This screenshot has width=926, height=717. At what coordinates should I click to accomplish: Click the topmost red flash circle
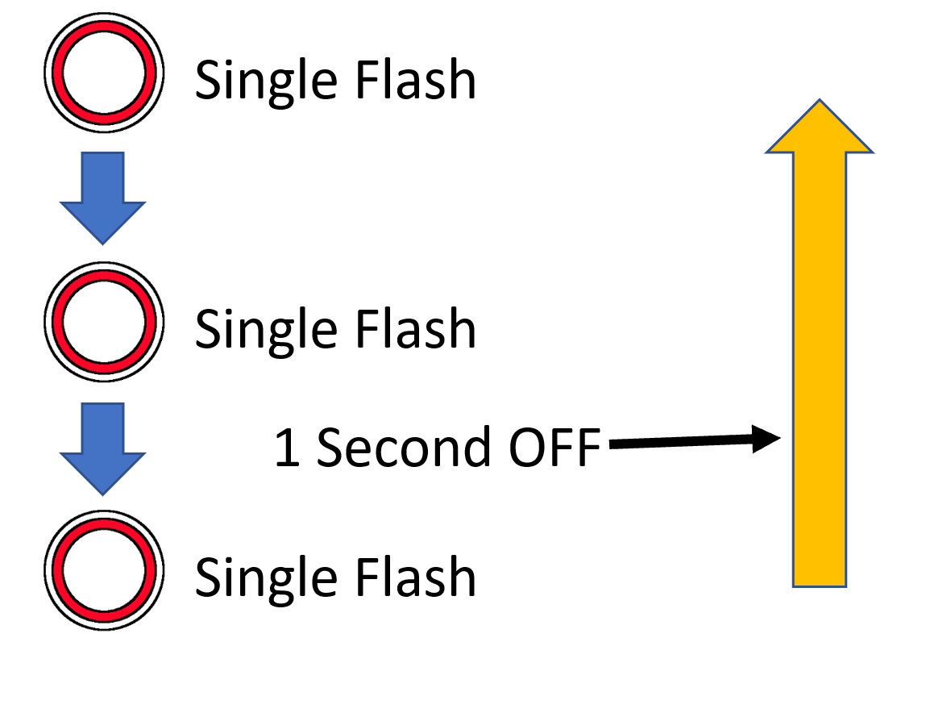[103, 71]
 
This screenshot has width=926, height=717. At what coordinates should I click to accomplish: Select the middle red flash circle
[103, 321]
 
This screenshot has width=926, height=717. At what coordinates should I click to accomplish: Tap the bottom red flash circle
[103, 569]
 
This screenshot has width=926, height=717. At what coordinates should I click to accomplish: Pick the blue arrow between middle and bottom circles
[102, 448]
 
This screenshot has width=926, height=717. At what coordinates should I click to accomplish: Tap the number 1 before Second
[287, 448]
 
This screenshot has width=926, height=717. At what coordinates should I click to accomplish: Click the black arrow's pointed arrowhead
[766, 440]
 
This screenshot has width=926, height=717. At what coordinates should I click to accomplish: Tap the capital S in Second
[331, 448]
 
